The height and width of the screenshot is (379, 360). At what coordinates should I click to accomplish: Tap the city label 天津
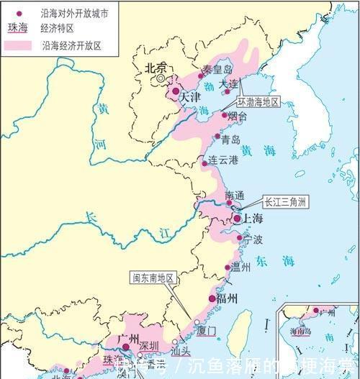pyautogui.click(x=190, y=96)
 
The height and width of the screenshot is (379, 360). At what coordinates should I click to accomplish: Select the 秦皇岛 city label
pyautogui.click(x=217, y=70)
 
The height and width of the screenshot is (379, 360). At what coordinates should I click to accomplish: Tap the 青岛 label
pyautogui.click(x=231, y=140)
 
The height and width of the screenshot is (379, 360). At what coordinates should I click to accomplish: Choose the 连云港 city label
pyautogui.click(x=222, y=160)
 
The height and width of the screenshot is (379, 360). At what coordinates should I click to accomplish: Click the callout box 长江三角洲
pyautogui.click(x=285, y=202)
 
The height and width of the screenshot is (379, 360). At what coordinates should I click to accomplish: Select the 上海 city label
pyautogui.click(x=252, y=219)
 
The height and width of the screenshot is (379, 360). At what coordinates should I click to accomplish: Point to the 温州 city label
pyautogui.click(x=242, y=268)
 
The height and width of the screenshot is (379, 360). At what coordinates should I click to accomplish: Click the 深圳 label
pyautogui.click(x=149, y=345)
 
